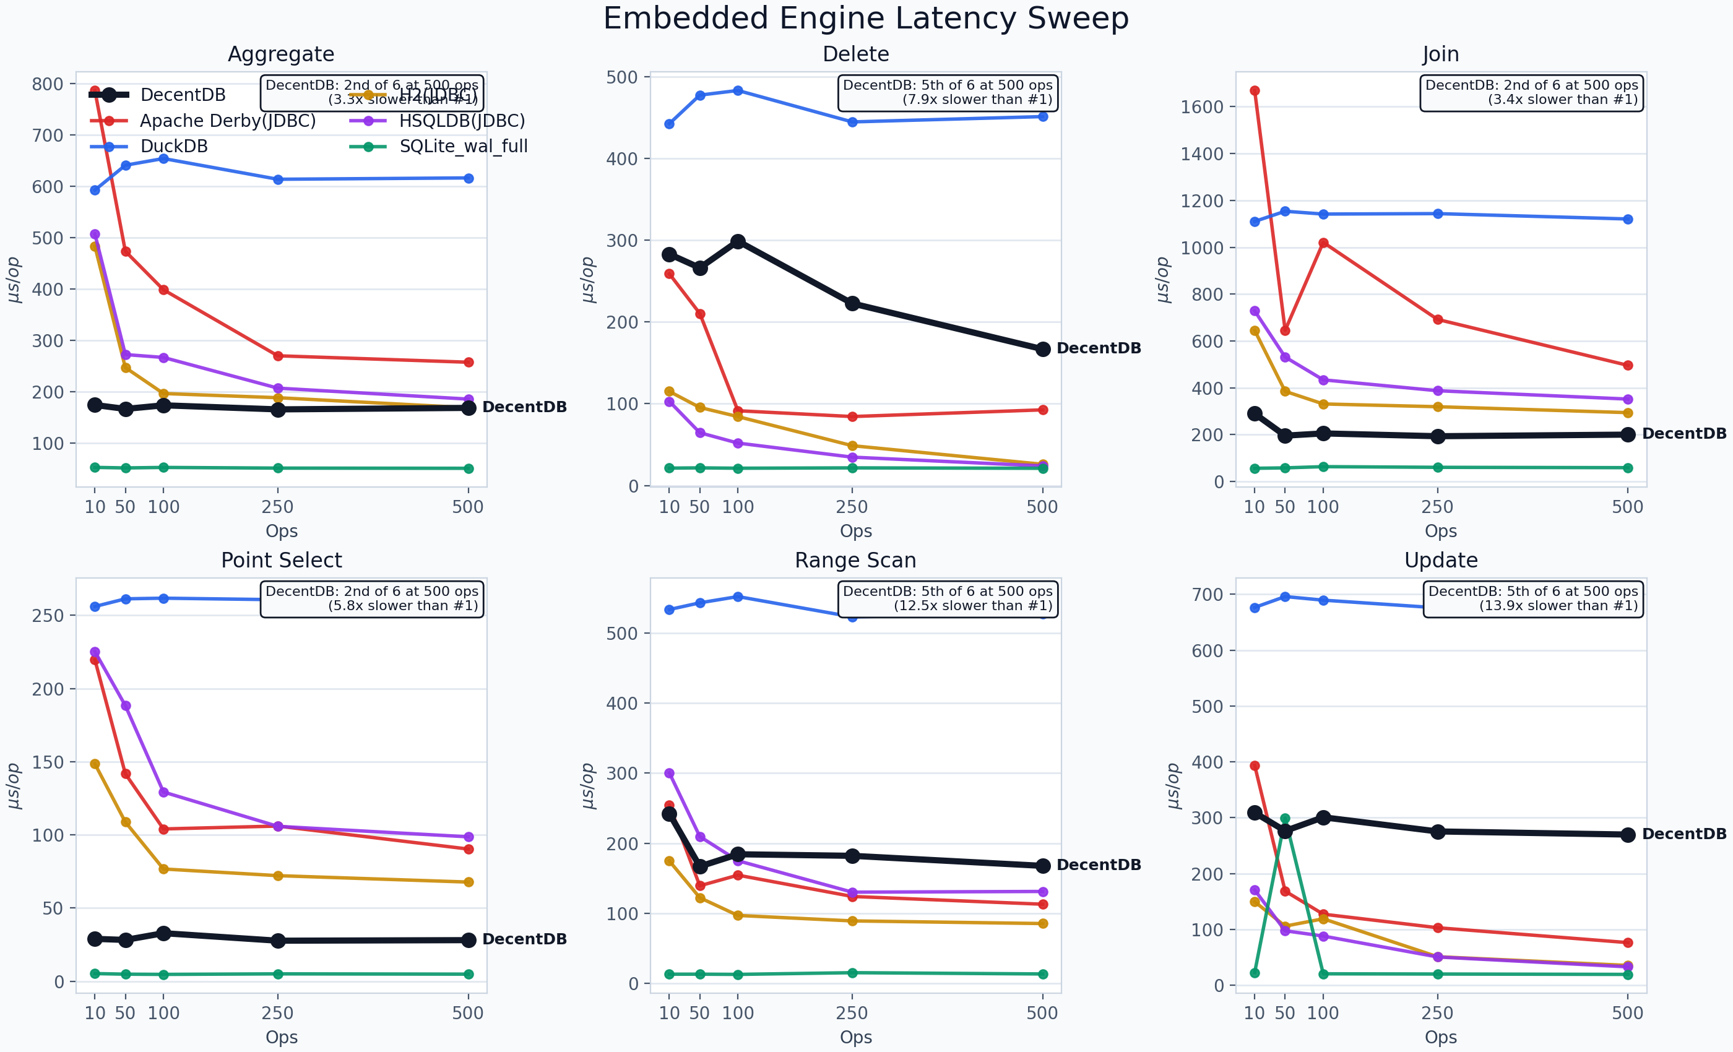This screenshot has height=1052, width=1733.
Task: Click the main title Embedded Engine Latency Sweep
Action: click(x=866, y=19)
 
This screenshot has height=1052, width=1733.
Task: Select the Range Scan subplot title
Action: click(x=855, y=561)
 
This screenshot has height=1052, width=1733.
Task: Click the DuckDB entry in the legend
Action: click(x=174, y=146)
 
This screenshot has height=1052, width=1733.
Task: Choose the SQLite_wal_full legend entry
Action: click(x=463, y=146)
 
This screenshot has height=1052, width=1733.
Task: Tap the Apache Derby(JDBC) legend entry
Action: click(x=227, y=121)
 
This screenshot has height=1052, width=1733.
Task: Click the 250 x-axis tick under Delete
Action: click(x=852, y=506)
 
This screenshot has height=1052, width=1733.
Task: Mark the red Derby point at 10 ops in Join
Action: click(x=1255, y=91)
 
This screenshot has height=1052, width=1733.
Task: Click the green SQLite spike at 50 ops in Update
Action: click(x=1285, y=819)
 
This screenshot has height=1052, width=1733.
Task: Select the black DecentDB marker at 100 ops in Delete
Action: click(x=738, y=241)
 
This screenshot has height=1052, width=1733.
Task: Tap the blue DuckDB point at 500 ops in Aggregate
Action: click(x=469, y=179)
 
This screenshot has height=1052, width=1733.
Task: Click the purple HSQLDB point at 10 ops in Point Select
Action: click(x=95, y=652)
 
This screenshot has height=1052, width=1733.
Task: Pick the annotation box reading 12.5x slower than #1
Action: click(x=948, y=598)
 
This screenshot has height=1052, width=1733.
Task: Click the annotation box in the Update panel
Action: click(x=1532, y=598)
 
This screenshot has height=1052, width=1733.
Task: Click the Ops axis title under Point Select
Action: click(x=282, y=1037)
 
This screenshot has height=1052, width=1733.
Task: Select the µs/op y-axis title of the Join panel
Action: click(x=1164, y=279)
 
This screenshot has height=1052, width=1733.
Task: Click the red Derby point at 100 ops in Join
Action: click(x=1323, y=243)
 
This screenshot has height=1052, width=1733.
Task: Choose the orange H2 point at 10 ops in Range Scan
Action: click(x=669, y=861)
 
